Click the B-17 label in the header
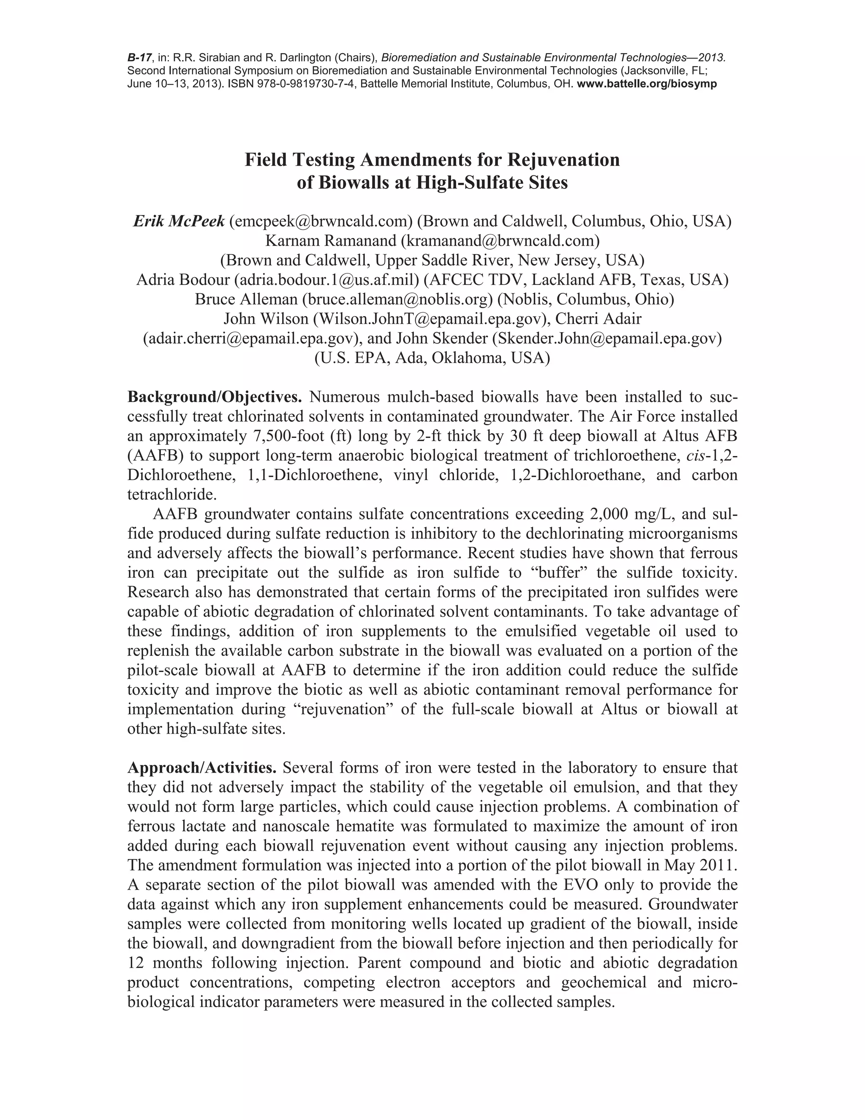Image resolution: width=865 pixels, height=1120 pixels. pyautogui.click(x=139, y=57)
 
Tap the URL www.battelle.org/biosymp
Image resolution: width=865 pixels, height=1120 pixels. pyautogui.click(x=647, y=84)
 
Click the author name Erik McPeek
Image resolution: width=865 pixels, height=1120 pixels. pyautogui.click(x=179, y=221)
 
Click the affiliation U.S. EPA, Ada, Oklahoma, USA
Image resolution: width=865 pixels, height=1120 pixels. pyautogui.click(x=432, y=358)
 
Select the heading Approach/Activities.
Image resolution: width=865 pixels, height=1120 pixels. pyautogui.click(x=202, y=768)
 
